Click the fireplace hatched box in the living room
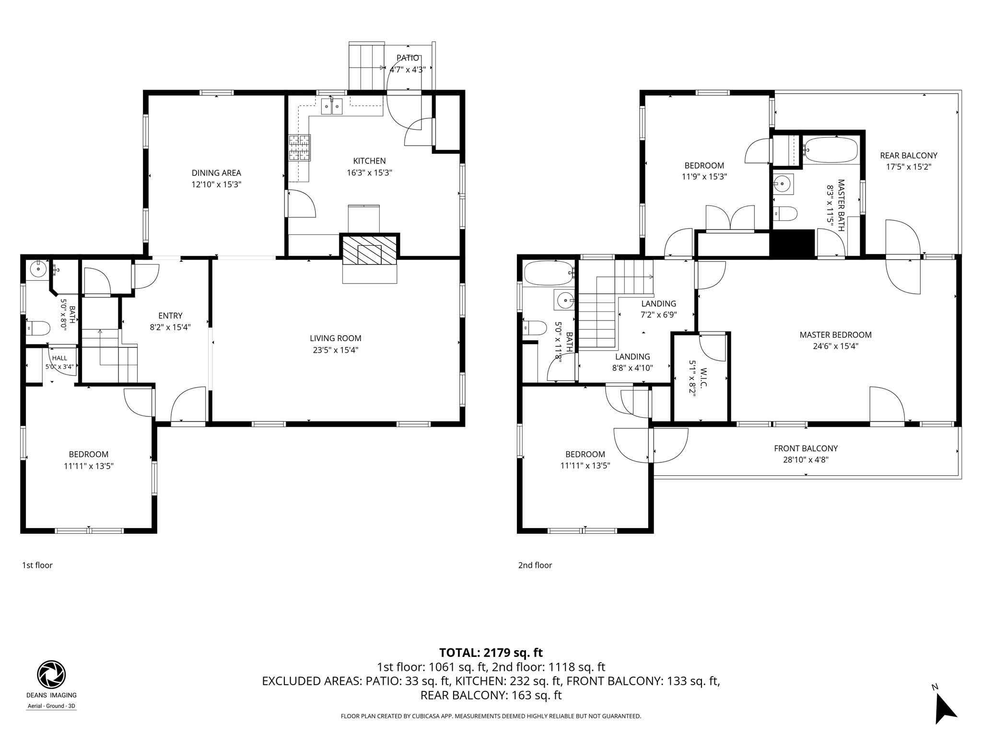[x=369, y=249]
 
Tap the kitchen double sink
[x=331, y=106]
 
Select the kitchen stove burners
[x=299, y=148]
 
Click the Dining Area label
[x=216, y=173]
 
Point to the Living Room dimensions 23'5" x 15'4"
[x=336, y=350]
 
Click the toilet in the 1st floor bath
[x=38, y=329]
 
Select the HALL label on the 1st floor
[x=59, y=358]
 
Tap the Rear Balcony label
[x=909, y=156]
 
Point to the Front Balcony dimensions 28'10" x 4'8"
[x=806, y=460]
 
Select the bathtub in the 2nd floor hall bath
[x=549, y=273]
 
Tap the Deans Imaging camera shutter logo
[x=51, y=674]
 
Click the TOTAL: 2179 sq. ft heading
[x=491, y=653]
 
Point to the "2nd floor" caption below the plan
[x=535, y=565]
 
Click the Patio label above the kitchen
[x=408, y=58]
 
